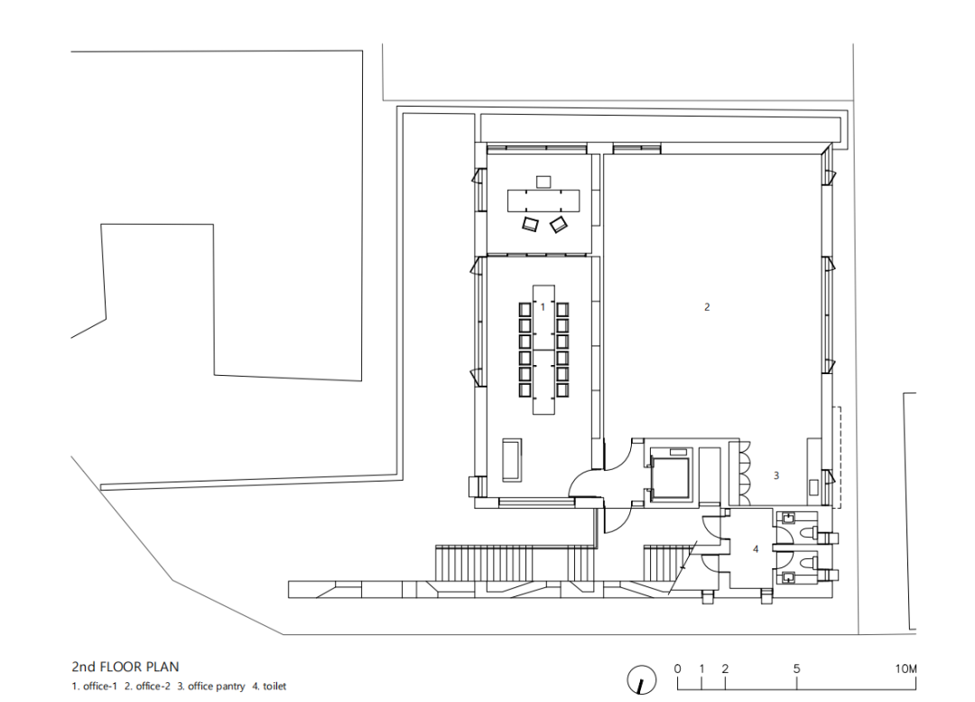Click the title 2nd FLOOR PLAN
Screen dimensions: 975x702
point(125,667)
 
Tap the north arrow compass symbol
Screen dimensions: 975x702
point(641,679)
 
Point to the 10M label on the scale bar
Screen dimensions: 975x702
point(905,669)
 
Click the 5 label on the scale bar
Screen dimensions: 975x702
point(796,669)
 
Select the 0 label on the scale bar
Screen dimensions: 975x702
point(677,669)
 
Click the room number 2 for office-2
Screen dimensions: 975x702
point(706,307)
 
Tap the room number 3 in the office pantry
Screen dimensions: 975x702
point(776,475)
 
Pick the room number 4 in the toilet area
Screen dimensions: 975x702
point(756,549)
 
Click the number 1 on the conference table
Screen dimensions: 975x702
point(543,307)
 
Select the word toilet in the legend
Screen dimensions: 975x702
point(274,687)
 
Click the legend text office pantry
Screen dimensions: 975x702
point(217,687)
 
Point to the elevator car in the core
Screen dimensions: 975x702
point(670,476)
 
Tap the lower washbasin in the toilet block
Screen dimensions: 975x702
point(789,576)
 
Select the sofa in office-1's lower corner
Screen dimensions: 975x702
point(512,460)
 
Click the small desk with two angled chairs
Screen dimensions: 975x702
point(543,201)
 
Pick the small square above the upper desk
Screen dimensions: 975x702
point(543,182)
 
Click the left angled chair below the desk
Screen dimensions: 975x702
point(530,224)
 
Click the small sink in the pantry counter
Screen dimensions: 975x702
point(814,486)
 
